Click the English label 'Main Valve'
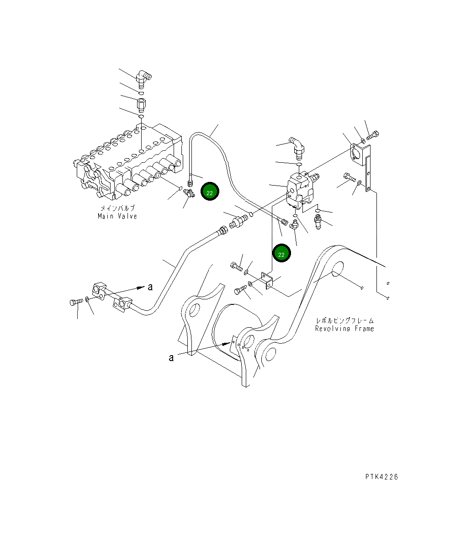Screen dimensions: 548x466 coord(117,216)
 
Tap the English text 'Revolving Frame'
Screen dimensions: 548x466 coord(344,329)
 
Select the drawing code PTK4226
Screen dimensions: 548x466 coord(381,477)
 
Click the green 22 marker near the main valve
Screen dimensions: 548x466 coord(210,193)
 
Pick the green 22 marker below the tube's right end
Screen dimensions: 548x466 coord(281,254)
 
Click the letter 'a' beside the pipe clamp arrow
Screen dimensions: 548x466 coord(149,287)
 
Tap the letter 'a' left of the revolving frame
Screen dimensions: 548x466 coord(171,357)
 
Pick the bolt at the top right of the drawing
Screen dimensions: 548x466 coord(373,135)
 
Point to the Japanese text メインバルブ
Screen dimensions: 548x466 coord(117,208)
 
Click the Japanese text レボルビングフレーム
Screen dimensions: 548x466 coord(344,321)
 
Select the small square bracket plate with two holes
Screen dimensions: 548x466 coord(267,281)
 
